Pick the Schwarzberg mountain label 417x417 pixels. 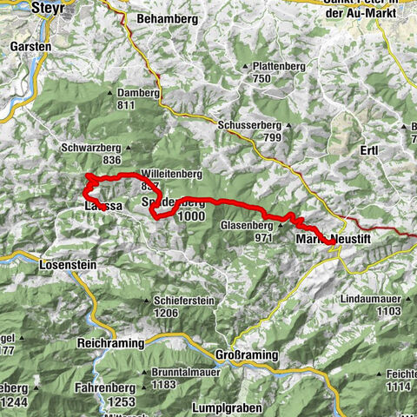coord(89,148)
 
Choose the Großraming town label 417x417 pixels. coord(248,355)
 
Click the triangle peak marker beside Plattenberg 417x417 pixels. coord(244,65)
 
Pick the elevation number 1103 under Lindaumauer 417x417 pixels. coord(387,310)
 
